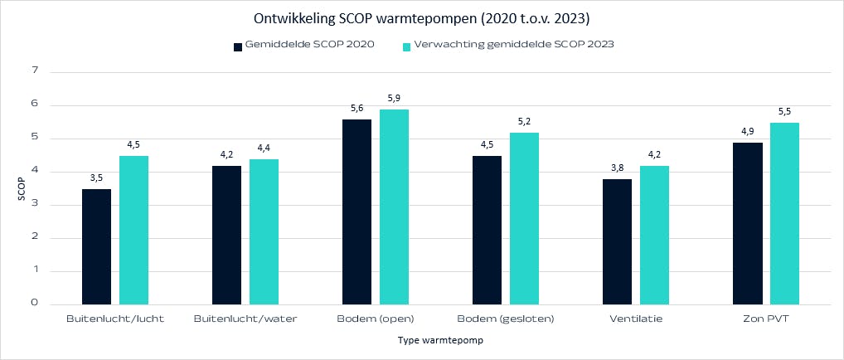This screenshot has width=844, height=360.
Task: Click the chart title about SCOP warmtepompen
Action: (x=422, y=17)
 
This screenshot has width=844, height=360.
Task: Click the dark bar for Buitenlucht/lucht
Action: (x=96, y=246)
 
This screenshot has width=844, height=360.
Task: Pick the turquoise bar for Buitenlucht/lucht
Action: (x=134, y=230)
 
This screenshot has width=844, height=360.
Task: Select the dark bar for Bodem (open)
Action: (x=357, y=212)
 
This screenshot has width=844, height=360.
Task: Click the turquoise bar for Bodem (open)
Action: (x=394, y=207)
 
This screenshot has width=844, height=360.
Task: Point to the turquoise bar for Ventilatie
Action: (x=654, y=235)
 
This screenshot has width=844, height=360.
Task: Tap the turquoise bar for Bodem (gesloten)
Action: (x=524, y=218)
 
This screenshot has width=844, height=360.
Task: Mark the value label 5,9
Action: (x=394, y=99)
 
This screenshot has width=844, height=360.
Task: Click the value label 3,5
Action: (x=96, y=178)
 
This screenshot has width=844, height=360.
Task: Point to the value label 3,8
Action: (x=617, y=168)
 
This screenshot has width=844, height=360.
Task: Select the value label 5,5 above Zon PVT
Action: (x=784, y=111)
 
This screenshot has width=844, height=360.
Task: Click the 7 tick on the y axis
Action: (x=35, y=72)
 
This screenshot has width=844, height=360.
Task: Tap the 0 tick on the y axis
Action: (x=35, y=303)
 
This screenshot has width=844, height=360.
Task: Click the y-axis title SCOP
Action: (x=22, y=188)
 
